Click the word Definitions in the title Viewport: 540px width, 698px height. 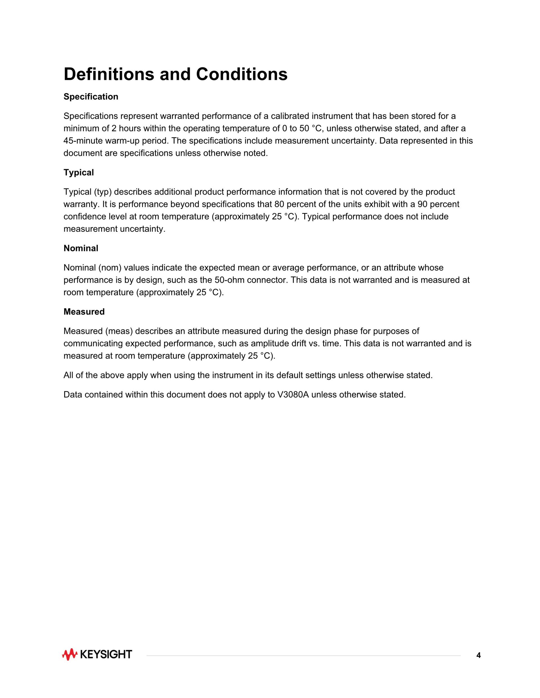pyautogui.click(x=109, y=74)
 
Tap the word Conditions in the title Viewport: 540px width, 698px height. pyautogui.click(x=242, y=74)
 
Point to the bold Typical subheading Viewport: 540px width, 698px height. pyautogui.click(x=79, y=173)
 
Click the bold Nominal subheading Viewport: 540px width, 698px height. pyautogui.click(x=81, y=248)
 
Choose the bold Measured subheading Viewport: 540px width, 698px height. pyautogui.click(x=84, y=312)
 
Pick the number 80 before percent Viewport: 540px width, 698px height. pyautogui.click(x=279, y=204)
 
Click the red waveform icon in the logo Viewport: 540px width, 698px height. pyautogui.click(x=70, y=654)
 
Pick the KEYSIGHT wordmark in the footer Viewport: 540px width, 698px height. pyautogui.click(x=106, y=654)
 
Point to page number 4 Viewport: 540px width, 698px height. pyautogui.click(x=478, y=656)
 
